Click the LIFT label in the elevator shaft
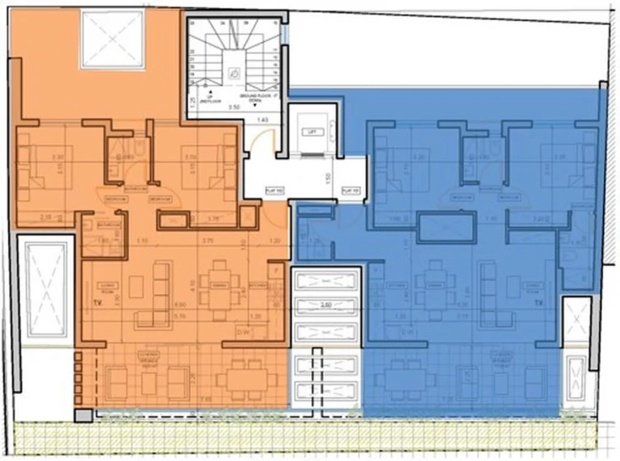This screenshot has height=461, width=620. click(308, 132)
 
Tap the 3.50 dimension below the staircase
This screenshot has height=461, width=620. click(234, 106)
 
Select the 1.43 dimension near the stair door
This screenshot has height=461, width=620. click(262, 119)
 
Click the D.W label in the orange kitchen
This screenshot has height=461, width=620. click(241, 331)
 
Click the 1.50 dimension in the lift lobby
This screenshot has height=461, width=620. click(328, 178)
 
